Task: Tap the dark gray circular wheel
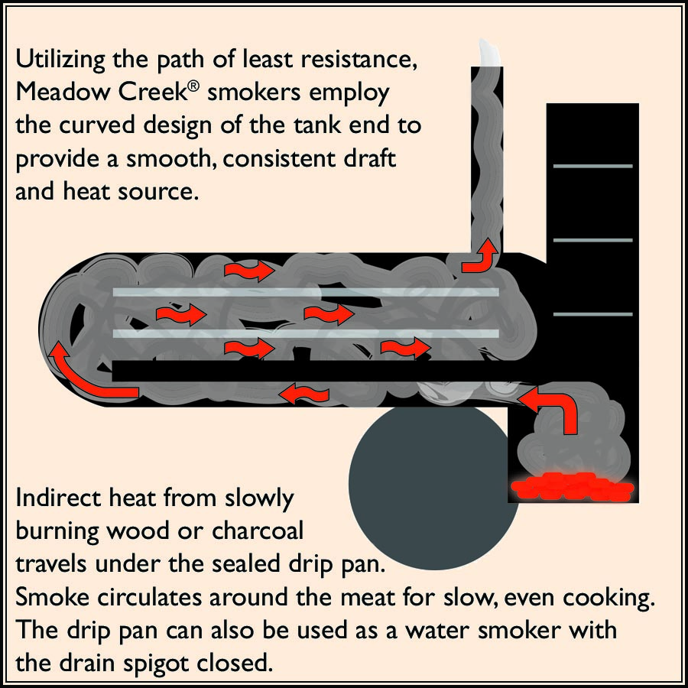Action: pyautogui.click(x=428, y=486)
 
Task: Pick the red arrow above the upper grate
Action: pyautogui.click(x=249, y=270)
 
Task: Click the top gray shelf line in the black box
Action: pyautogui.click(x=592, y=166)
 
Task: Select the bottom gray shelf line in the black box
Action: pyautogui.click(x=592, y=315)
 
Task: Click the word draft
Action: pyautogui.click(x=379, y=159)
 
